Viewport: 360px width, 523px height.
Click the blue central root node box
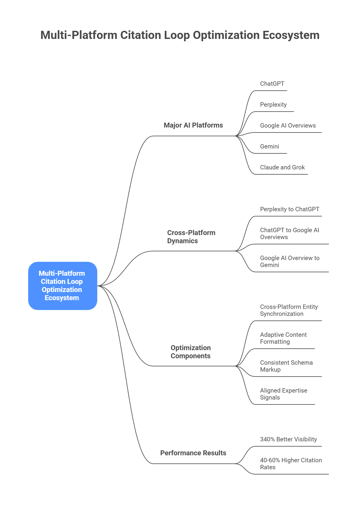62,286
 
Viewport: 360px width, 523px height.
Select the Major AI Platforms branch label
193,125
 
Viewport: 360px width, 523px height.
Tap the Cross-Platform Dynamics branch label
191,237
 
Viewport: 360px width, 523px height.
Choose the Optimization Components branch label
190,352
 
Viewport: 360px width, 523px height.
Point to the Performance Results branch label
193,453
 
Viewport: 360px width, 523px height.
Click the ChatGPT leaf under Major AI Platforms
272,84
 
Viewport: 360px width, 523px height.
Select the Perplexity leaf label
273,105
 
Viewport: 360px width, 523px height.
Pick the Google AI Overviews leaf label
288,126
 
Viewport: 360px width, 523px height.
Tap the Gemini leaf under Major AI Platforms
269,146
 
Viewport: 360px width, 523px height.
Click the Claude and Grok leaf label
282,167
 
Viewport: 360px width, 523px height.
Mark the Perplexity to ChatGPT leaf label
289,209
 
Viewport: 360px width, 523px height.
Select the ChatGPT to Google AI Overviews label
289,234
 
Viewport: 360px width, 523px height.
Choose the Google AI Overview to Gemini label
289,261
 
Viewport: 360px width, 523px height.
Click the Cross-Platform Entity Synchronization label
289,310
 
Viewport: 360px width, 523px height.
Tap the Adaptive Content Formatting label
283,338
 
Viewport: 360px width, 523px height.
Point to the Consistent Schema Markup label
286,366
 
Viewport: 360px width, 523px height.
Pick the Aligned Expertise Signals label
283,394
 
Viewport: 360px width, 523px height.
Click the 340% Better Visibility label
288,439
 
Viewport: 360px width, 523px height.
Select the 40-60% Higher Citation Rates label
291,464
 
